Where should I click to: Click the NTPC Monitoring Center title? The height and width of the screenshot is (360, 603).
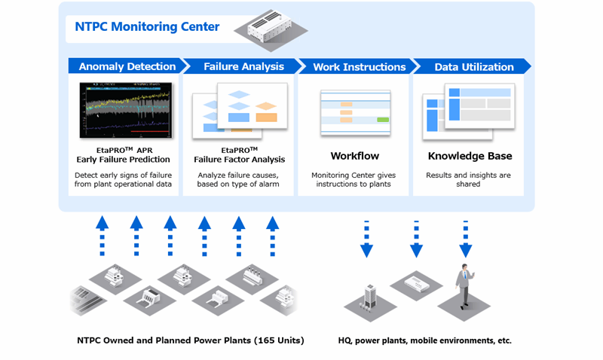pyautogui.click(x=147, y=27)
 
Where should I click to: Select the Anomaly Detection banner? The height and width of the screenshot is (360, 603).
pyautogui.click(x=126, y=66)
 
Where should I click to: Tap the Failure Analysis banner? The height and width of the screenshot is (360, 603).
pyautogui.click(x=243, y=66)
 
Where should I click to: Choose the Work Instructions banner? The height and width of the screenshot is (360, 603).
pyautogui.click(x=358, y=66)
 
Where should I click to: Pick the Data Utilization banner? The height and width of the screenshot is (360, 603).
pyautogui.click(x=473, y=66)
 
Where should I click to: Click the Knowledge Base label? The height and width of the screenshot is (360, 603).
pyautogui.click(x=470, y=157)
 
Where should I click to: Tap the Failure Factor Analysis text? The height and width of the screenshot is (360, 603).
pyautogui.click(x=239, y=160)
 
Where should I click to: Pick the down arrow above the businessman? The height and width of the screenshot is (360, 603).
pyautogui.click(x=465, y=239)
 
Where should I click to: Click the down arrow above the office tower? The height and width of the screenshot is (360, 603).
pyautogui.click(x=367, y=239)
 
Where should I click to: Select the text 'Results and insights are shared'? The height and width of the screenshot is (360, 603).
pyautogui.click(x=469, y=179)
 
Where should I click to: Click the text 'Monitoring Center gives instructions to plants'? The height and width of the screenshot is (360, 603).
pyautogui.click(x=354, y=179)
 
